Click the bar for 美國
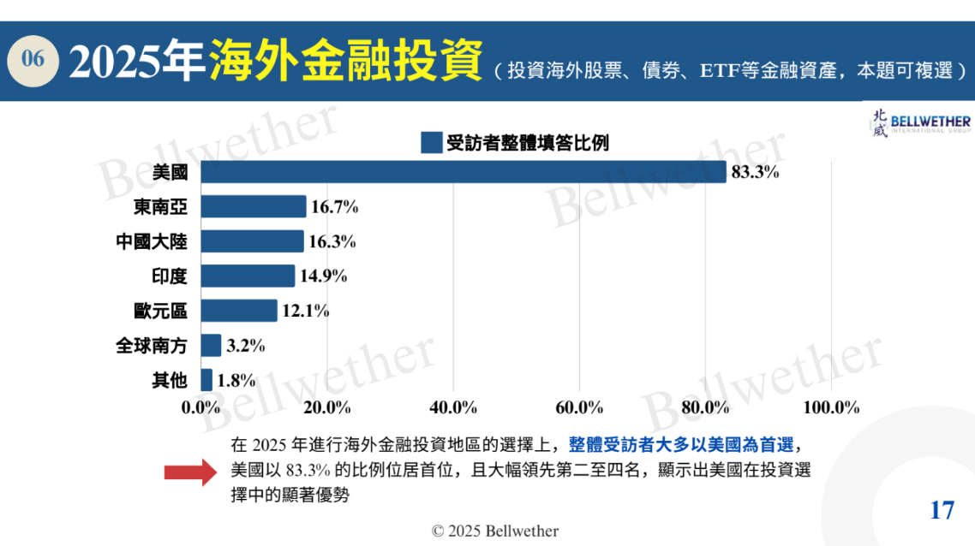[x=463, y=172]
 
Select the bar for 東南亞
[x=253, y=206]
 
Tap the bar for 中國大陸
[x=252, y=241]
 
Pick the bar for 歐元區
[x=239, y=311]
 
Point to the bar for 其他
[x=206, y=380]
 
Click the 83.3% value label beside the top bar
[x=755, y=172]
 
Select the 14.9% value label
[x=323, y=276]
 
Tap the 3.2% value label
[x=246, y=346]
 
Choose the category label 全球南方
[x=152, y=346]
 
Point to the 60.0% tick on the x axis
[x=579, y=407]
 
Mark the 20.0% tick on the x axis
[x=327, y=407]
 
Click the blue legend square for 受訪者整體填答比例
[x=431, y=142]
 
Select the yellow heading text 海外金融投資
[x=346, y=59]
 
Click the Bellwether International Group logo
[x=921, y=123]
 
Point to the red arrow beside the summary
[x=190, y=470]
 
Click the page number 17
[x=942, y=510]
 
